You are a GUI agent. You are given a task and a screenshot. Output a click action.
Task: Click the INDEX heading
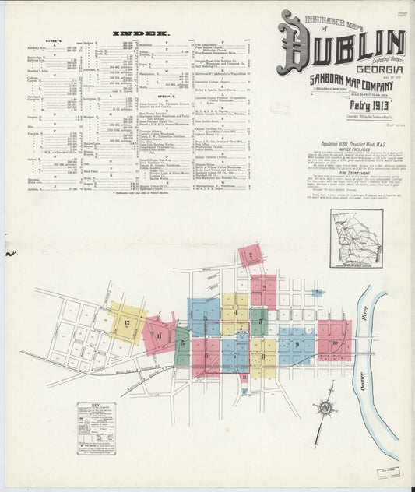(x=141, y=33)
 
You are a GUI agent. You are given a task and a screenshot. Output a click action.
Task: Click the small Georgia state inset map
(x=355, y=237)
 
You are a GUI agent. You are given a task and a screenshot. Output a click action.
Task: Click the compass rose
(x=326, y=408)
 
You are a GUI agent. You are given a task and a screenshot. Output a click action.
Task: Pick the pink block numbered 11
(x=159, y=334)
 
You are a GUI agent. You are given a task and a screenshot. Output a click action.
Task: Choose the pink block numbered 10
(x=335, y=341)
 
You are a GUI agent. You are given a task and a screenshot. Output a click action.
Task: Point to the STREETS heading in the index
(x=54, y=40)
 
